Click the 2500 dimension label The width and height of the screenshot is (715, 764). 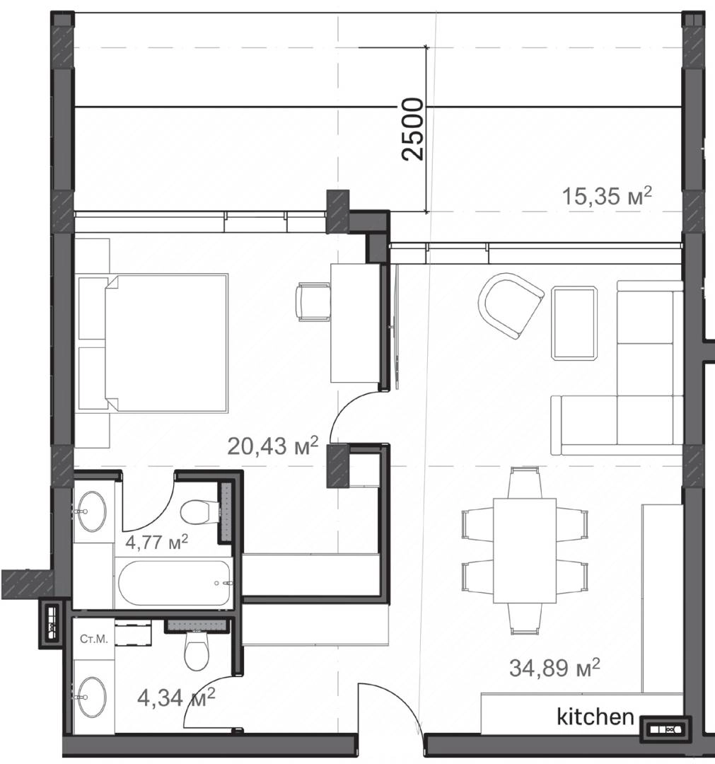[x=413, y=129]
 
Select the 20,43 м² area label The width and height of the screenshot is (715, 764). [x=273, y=446]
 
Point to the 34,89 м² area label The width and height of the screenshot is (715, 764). [x=554, y=668]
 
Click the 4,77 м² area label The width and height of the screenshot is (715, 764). [x=156, y=541]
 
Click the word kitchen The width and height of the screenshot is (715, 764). [x=595, y=717]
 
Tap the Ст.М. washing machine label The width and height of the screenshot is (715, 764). [x=94, y=639]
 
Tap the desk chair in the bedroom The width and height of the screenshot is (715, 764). [x=313, y=303]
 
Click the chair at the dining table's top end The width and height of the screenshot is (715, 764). [x=524, y=482]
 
